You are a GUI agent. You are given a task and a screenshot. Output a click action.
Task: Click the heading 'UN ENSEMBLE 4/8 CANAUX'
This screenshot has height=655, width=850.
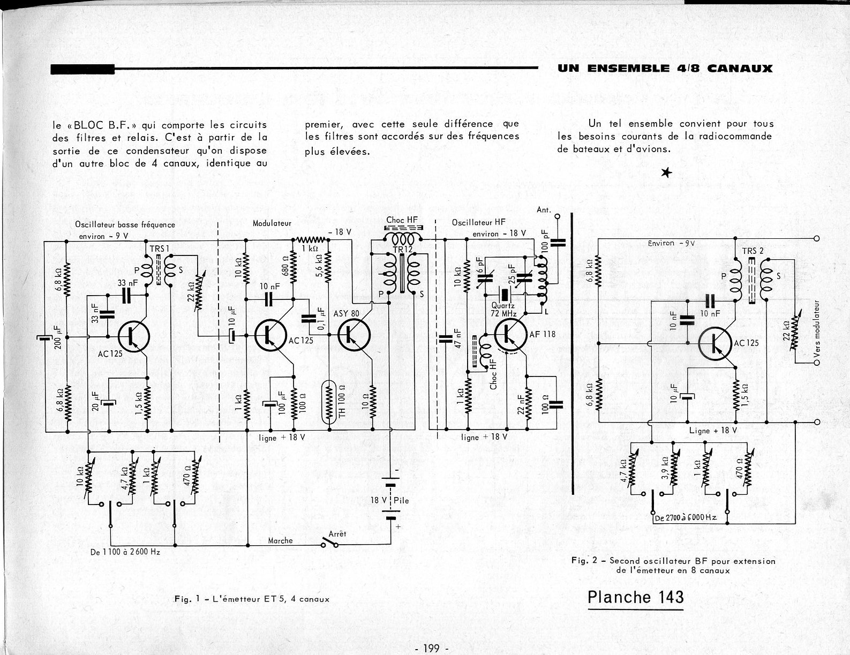coord(665,68)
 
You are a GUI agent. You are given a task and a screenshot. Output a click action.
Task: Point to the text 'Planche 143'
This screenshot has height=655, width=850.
coord(635,597)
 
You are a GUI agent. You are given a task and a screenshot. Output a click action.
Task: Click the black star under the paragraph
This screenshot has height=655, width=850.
coord(666,172)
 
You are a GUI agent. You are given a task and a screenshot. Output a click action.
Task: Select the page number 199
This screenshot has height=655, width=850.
coord(431,649)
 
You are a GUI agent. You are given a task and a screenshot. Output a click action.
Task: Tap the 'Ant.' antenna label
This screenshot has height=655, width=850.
coord(544,210)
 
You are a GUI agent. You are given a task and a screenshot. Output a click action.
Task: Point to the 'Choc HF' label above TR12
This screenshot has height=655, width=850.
coord(402,220)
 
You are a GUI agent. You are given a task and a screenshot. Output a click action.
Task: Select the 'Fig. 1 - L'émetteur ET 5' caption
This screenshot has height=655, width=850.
coord(252,599)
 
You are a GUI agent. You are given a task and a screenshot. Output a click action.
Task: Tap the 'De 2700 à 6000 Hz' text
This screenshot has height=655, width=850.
coord(685,518)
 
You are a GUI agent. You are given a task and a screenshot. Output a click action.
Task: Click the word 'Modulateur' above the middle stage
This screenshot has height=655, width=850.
coord(272,223)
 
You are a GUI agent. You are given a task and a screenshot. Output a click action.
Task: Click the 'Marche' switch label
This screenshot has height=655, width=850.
coord(281,540)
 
